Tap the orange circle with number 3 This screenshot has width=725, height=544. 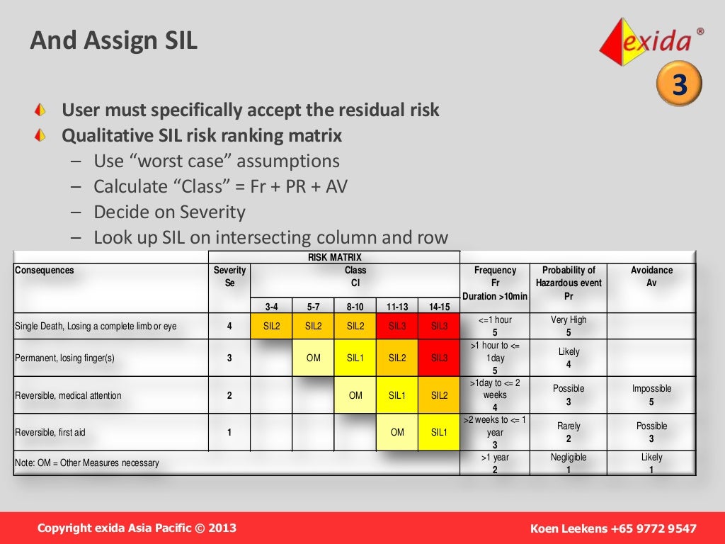point(680,85)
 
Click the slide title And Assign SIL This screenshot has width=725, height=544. point(113,40)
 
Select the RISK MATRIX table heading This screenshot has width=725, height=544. point(334,258)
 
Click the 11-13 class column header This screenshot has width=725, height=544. point(397,307)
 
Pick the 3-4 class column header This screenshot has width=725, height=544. point(271,307)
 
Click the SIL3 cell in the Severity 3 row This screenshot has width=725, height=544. point(439,358)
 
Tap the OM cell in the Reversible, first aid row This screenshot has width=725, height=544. point(397,432)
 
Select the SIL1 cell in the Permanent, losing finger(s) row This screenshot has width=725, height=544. point(355,358)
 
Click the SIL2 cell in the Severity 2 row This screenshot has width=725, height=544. point(439,395)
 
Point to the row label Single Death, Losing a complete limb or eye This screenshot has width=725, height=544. point(96,327)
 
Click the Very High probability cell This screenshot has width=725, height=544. point(569,326)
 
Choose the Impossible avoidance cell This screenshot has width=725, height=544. point(651,395)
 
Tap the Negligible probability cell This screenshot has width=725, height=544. point(569,463)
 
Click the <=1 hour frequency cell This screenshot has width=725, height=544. point(495,326)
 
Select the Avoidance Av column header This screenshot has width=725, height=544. point(651,276)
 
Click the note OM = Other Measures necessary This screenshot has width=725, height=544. point(87,463)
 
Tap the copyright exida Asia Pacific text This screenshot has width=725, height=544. point(137,528)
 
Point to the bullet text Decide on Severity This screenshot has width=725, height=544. point(169,212)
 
